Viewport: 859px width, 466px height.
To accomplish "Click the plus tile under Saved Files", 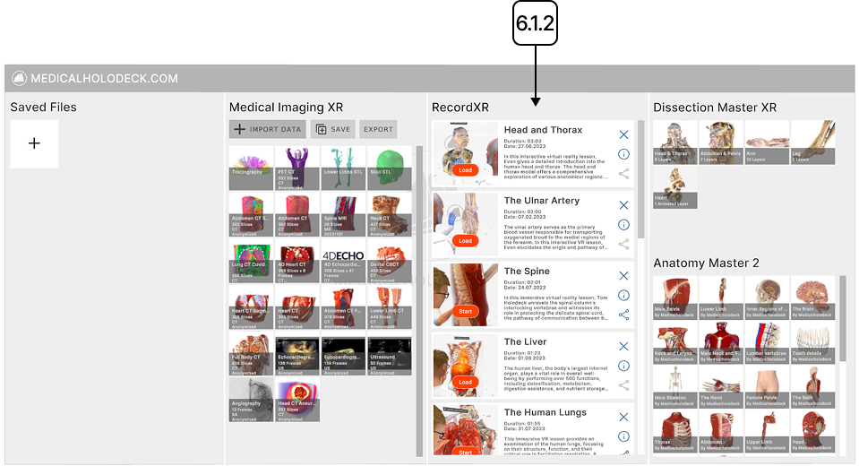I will tap(34, 143).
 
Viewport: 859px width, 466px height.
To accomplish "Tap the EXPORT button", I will tap(378, 129).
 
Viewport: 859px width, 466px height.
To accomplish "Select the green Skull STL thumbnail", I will tap(390, 168).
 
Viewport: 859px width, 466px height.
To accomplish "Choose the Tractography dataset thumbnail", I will tap(252, 168).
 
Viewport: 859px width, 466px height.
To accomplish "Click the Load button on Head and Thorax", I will tap(465, 169).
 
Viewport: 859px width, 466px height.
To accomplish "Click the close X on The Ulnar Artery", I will tap(624, 205).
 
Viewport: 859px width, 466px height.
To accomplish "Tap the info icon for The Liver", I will tap(624, 366).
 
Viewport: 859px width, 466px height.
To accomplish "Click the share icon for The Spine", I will tap(624, 315).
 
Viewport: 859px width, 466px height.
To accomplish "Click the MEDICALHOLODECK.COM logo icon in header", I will tap(19, 78).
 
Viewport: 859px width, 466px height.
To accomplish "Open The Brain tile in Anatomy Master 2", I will tap(812, 298).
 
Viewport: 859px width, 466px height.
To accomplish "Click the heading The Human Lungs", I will tap(545, 412).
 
